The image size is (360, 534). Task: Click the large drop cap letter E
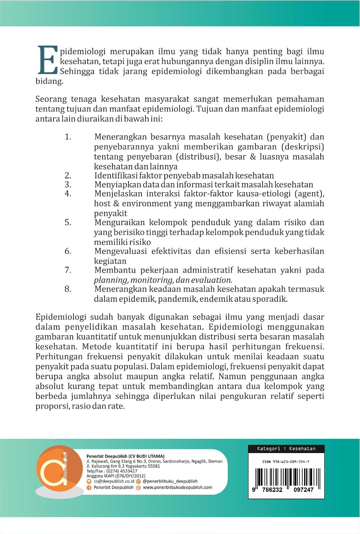48,60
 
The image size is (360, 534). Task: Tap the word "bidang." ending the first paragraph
49,81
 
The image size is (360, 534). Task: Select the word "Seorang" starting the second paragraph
51,99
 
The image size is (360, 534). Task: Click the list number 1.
68,137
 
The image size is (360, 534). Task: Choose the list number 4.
68,193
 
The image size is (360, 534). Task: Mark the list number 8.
68,289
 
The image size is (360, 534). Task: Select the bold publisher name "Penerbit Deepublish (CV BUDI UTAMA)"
125,456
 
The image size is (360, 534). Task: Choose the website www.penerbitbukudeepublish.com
177,488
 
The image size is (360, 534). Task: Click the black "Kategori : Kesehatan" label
286,449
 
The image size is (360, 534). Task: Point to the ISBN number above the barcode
286,462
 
